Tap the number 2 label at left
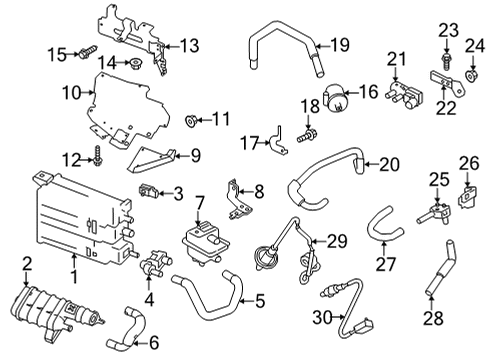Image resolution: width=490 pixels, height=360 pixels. [x=27, y=264]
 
